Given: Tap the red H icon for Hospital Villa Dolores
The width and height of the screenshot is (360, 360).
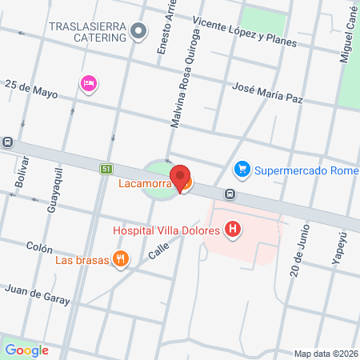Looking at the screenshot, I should tap(233, 230).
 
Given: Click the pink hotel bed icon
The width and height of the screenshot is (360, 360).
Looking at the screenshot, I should tap(89, 82).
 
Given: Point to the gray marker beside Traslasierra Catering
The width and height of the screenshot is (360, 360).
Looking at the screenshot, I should tap(139, 31).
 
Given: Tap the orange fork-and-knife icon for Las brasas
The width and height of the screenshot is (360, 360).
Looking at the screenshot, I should tap(121, 258).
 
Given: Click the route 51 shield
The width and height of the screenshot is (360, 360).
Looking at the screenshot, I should tap(106, 169).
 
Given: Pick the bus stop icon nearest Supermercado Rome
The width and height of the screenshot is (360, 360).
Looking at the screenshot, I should tap(230, 194).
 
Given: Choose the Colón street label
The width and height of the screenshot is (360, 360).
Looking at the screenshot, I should tap(38, 247).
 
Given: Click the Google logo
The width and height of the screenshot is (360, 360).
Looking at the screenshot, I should tap(26, 350).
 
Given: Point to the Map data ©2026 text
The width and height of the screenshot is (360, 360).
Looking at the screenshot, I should tap(325, 354).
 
